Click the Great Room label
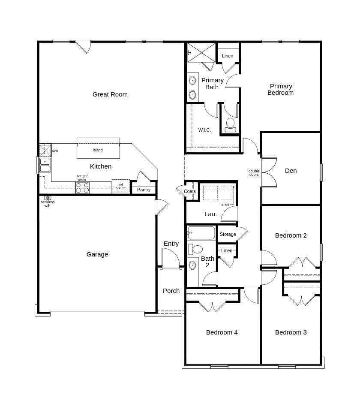coord(110,94)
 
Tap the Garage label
coord(97,254)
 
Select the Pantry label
coord(144,190)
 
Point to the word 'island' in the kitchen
coord(98,150)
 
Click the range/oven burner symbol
coord(82,187)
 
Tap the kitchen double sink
coord(45,165)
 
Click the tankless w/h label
coord(48,204)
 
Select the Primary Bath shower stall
coord(201,52)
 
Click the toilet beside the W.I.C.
coord(231,124)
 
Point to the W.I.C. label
coord(204,130)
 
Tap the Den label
coord(291,171)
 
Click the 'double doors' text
coord(254,173)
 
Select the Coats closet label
coord(190,191)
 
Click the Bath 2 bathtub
coord(201,233)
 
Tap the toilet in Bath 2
coord(196,249)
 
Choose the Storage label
coord(228,234)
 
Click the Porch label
coord(171,291)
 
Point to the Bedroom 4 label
coord(222,332)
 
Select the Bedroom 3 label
coord(291,332)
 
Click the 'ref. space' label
coord(120,187)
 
